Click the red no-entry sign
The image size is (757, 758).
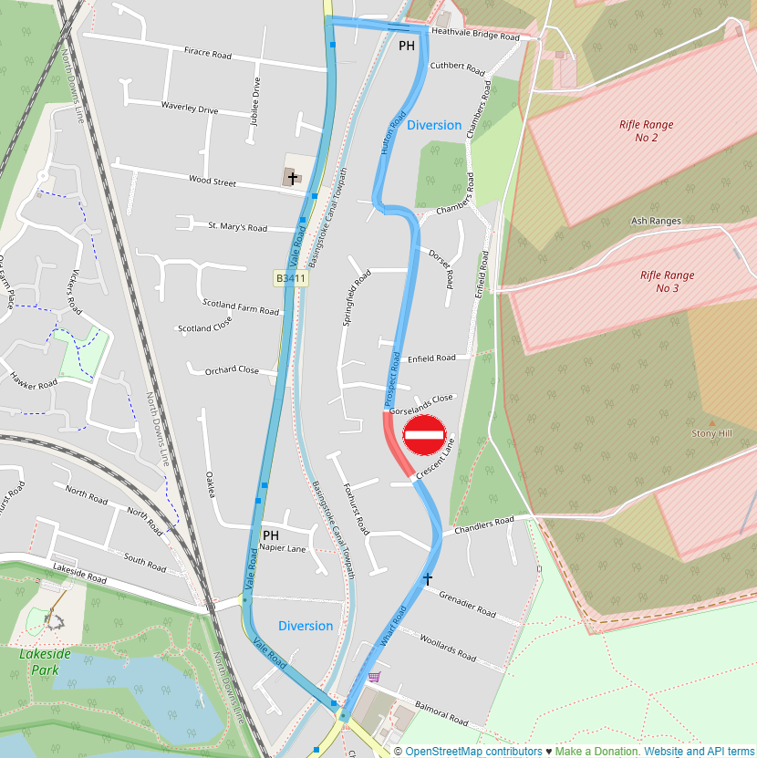coord(424,435)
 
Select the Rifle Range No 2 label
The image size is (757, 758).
coord(646,131)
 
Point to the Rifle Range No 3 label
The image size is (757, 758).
coord(667,282)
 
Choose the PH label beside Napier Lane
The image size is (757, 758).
coord(270,535)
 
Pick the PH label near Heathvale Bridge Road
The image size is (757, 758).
coord(407,46)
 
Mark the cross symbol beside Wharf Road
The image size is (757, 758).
coord(427,578)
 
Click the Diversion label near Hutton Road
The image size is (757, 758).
coord(434,125)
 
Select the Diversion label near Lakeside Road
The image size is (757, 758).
coord(306,626)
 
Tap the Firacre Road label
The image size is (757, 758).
coord(208,54)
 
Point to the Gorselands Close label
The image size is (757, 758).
coord(420,405)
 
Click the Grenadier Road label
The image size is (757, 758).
coord(466,603)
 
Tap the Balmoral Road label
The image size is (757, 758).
coord(441,714)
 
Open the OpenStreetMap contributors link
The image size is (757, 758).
coord(473,751)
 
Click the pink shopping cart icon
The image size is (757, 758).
coord(373,676)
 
